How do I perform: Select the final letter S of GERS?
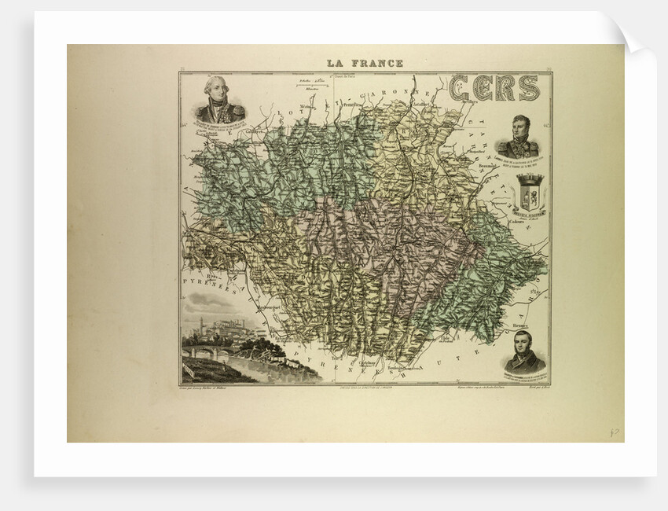point(528,88)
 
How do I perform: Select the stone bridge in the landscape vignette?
point(206,353)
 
